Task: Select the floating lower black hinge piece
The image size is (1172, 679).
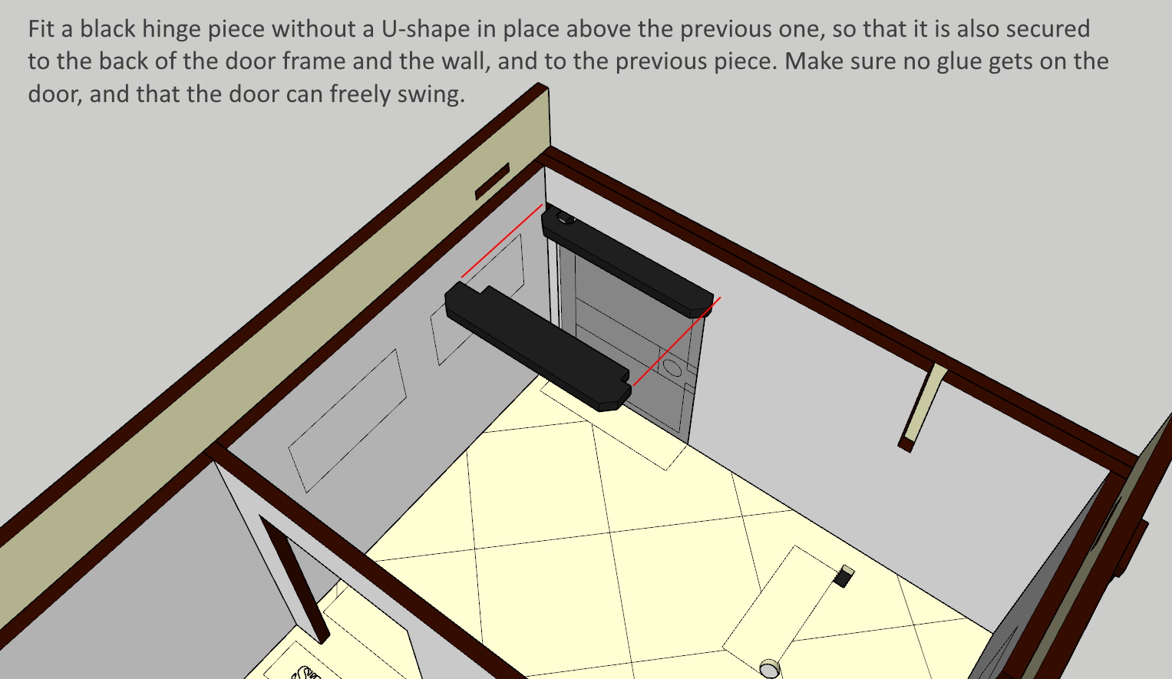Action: [x=538, y=346]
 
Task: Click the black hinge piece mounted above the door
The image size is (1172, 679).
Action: [x=627, y=261]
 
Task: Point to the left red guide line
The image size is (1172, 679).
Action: [x=502, y=241]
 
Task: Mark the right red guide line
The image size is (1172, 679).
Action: [x=676, y=341]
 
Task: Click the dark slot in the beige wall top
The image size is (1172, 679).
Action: [x=492, y=181]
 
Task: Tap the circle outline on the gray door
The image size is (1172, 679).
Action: [x=672, y=367]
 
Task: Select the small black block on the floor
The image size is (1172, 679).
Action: [x=844, y=576]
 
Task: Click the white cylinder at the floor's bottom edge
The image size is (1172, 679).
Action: [x=770, y=669]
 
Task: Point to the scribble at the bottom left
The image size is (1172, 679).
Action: [x=306, y=672]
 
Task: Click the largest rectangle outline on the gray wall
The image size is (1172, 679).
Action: [x=348, y=421]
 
